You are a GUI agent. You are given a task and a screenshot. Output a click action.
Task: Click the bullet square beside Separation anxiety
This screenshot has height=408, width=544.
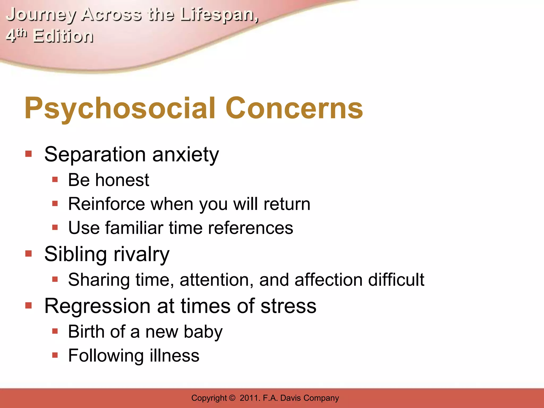[28, 154]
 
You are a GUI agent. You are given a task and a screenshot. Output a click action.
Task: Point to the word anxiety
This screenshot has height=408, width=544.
[186, 155]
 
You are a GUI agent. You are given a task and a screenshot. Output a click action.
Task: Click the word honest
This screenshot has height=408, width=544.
[122, 180]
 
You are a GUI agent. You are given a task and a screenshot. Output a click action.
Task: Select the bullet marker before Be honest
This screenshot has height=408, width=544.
[55, 180]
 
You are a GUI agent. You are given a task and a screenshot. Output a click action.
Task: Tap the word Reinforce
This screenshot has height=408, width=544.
[106, 204]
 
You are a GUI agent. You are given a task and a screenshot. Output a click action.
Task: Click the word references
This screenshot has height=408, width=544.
[250, 228]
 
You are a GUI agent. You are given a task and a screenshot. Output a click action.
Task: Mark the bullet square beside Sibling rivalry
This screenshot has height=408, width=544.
[28, 254]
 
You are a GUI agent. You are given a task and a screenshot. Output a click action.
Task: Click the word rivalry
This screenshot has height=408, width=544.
[141, 254]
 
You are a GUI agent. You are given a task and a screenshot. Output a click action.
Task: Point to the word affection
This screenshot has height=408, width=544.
[328, 280]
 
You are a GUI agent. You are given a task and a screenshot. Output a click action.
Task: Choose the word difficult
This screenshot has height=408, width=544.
[396, 280]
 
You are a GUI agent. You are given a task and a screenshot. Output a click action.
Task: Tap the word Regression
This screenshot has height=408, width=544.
[97, 306]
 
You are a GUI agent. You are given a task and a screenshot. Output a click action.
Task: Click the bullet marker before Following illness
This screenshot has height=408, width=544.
[55, 355]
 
